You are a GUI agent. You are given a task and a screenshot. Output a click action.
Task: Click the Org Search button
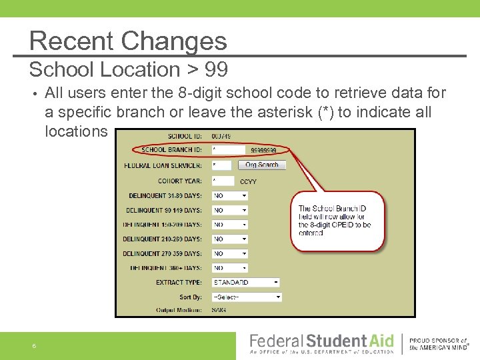[x=262, y=165]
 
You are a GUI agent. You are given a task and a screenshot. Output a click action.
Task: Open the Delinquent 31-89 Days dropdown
[x=229, y=196]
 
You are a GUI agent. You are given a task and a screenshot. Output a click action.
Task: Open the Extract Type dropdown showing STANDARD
[x=245, y=283]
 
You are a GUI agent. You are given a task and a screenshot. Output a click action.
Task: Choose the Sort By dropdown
[x=246, y=297]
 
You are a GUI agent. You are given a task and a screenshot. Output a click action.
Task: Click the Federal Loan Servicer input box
[x=221, y=165]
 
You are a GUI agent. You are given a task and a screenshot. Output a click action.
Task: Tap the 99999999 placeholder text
[x=263, y=151]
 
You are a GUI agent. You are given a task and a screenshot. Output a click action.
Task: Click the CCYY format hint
[x=248, y=181]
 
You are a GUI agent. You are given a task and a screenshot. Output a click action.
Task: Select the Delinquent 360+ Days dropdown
[x=229, y=268]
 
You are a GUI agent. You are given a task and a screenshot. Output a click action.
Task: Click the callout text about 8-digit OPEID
[x=335, y=221]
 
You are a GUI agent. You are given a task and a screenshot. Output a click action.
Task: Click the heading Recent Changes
[x=128, y=41]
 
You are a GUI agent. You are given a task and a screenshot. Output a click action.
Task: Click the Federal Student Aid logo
[x=321, y=344]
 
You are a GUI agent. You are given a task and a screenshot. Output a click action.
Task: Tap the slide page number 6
[x=33, y=345]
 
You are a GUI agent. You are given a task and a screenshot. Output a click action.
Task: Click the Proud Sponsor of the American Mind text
[x=439, y=344]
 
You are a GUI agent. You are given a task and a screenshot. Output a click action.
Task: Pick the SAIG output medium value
[x=219, y=311]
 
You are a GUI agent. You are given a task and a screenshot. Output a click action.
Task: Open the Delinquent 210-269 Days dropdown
[x=229, y=239]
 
